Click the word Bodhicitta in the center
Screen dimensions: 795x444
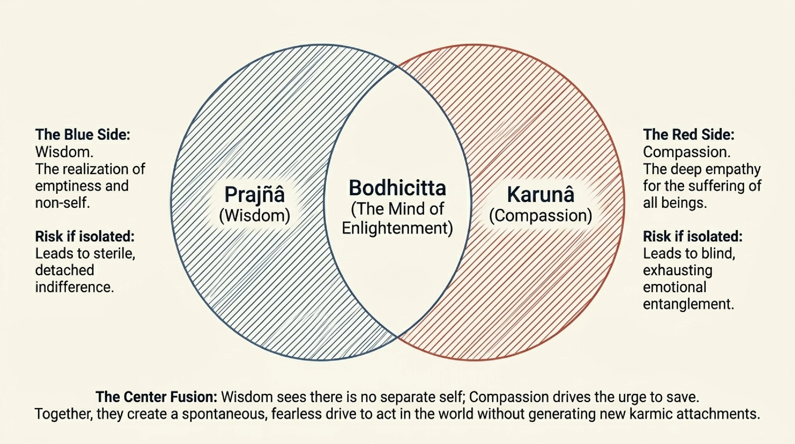(397, 188)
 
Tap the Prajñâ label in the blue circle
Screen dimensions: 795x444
(255, 194)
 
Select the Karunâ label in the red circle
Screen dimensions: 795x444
(541, 194)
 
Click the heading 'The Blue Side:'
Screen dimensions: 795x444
(83, 135)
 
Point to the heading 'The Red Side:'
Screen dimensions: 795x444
(689, 135)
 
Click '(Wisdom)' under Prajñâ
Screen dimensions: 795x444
(255, 216)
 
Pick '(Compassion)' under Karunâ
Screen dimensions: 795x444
(541, 216)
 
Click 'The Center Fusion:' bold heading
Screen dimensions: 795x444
(156, 397)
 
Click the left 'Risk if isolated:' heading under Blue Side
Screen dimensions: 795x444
(85, 237)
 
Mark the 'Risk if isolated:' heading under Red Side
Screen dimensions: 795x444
(693, 237)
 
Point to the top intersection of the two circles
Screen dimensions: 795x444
(397, 66)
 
